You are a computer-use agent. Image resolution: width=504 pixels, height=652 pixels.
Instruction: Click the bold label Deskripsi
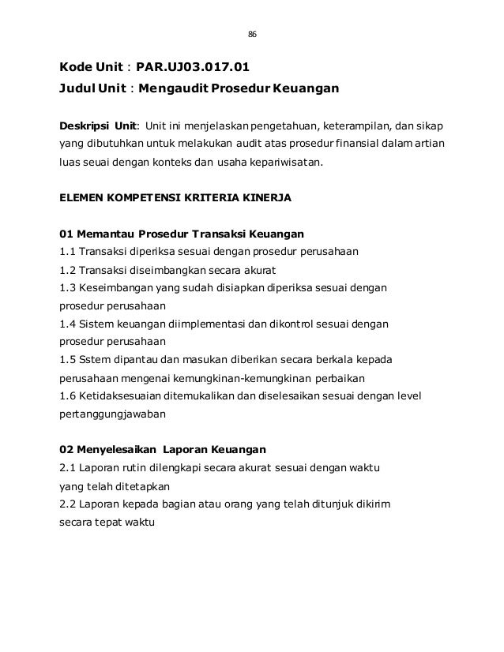85,126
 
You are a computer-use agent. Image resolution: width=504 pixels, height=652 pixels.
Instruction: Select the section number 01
67,234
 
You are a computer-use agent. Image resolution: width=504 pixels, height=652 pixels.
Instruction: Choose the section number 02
68,450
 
